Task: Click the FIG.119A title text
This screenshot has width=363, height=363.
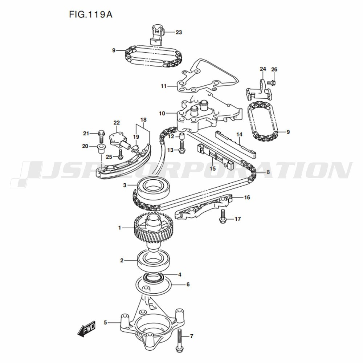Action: (91, 15)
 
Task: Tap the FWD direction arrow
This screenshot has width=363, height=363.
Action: (86, 328)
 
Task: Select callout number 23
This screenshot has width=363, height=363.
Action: (179, 32)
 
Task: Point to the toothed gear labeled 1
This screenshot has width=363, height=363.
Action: (153, 228)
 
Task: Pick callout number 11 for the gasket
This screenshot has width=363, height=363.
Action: (164, 86)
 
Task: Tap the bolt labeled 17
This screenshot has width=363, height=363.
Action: (223, 217)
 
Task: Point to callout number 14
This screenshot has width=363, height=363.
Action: (239, 134)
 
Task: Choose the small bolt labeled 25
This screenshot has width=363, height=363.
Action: (121, 154)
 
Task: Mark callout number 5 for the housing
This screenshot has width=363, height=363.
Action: (105, 322)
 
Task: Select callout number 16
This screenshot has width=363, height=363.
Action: (247, 197)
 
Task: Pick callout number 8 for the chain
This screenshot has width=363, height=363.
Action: (268, 172)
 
